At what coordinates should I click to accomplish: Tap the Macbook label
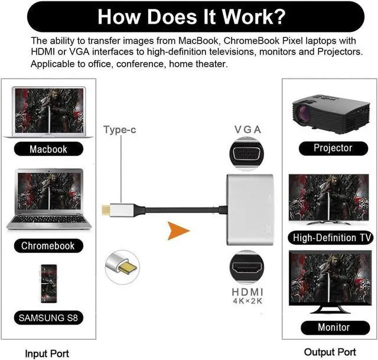48,150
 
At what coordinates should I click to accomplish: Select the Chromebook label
48,245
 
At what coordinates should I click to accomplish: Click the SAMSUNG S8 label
48,317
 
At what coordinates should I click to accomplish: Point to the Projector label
333,148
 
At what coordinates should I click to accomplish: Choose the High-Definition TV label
333,238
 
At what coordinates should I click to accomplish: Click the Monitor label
333,327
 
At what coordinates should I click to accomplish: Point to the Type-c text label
120,129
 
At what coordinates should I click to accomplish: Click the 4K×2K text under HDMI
248,301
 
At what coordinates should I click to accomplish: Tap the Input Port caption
47,353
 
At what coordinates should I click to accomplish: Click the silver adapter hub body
251,210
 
